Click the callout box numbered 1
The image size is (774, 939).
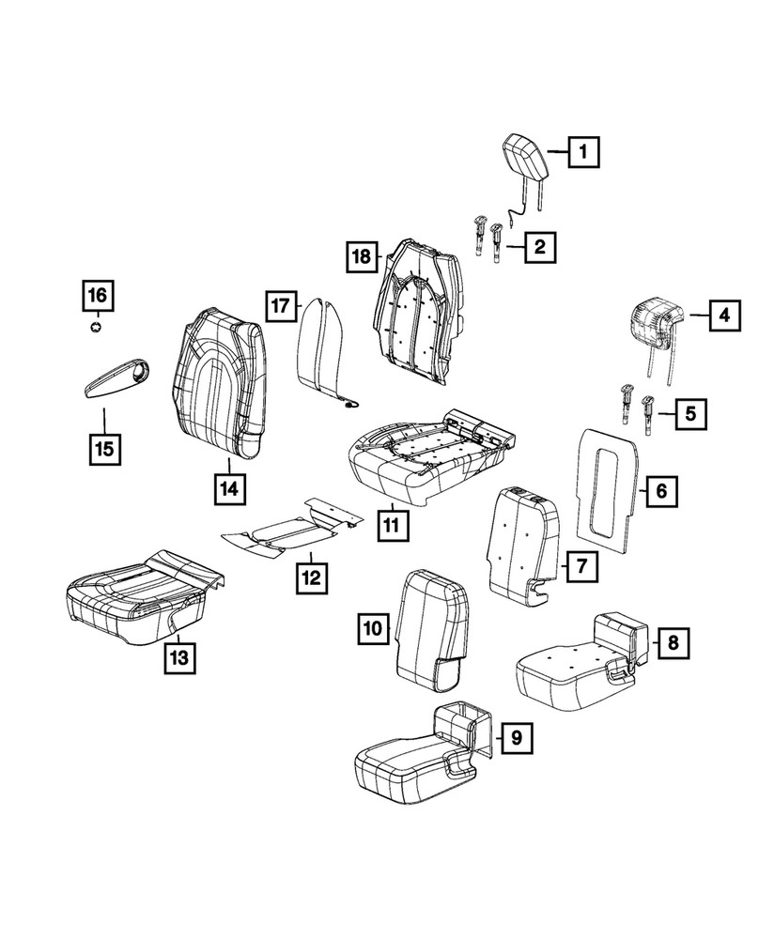(x=583, y=152)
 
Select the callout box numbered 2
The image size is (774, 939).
(x=540, y=246)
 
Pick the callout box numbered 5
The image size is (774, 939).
(x=690, y=414)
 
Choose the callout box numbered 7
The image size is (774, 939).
(x=581, y=566)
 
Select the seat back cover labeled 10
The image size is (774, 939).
(x=431, y=629)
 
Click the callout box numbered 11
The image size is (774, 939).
(x=393, y=526)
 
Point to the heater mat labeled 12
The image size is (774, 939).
(x=292, y=527)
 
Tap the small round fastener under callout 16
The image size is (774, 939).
(x=96, y=327)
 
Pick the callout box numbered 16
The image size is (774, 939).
(x=98, y=295)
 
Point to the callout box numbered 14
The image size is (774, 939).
(x=229, y=490)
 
